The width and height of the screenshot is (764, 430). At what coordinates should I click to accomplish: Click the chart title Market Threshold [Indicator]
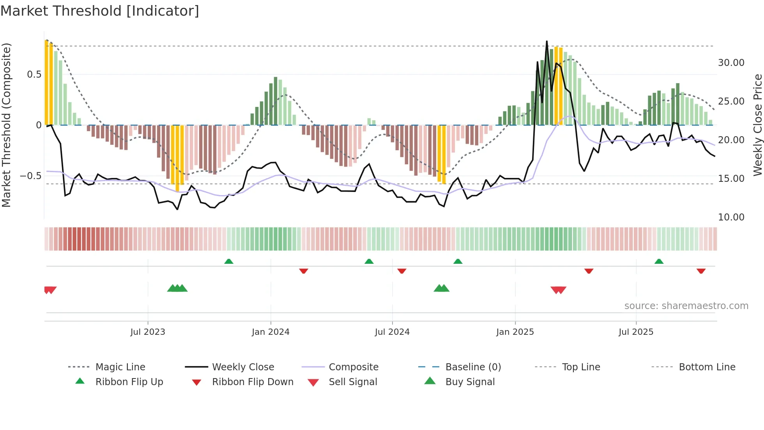tap(100, 11)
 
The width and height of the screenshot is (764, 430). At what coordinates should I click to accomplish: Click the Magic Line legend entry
tap(120, 367)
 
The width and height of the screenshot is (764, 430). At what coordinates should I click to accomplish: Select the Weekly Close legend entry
tap(243, 367)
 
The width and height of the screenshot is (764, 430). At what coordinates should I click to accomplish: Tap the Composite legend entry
tap(353, 367)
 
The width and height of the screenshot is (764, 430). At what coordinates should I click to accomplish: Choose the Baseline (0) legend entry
tap(473, 367)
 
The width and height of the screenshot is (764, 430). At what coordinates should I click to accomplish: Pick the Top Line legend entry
tap(581, 367)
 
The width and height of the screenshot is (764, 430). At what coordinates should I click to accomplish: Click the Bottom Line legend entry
tap(707, 367)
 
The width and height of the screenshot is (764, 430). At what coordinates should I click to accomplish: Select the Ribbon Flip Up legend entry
tap(129, 382)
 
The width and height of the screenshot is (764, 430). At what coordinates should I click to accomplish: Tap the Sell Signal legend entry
tap(353, 382)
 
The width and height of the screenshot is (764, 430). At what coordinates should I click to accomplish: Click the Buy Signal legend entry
tap(470, 382)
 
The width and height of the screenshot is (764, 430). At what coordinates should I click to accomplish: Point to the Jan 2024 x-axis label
tap(271, 332)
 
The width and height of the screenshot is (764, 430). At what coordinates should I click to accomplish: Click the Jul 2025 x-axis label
tap(636, 332)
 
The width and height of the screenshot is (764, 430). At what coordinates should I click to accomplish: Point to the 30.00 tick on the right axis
tap(731, 63)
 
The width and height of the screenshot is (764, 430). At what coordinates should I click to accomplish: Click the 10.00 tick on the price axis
tap(731, 217)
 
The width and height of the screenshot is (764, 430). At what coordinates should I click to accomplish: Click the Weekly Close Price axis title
tap(757, 125)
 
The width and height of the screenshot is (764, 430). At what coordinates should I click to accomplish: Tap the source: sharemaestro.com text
tap(686, 306)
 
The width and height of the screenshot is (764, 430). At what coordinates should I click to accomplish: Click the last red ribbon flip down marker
tap(701, 271)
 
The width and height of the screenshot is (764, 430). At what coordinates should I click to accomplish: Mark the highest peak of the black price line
tap(547, 41)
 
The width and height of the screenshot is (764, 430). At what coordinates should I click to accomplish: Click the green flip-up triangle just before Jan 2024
tap(229, 261)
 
